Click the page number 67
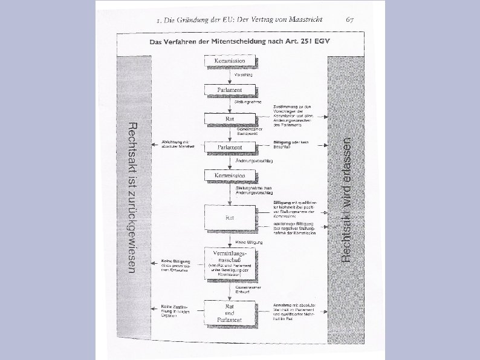coord(350,19)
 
